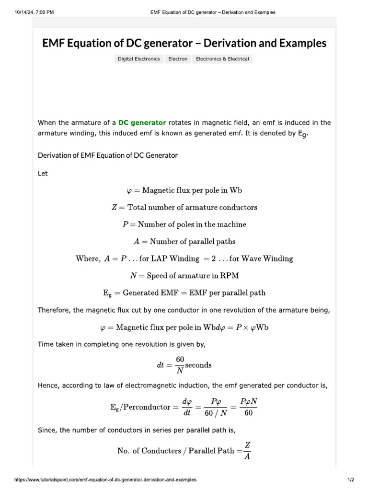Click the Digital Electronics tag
coord(139,59)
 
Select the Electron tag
coord(178,59)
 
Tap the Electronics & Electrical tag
coord(222,59)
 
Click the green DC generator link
coord(142,123)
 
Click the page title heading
coord(184,43)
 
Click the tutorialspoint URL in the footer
coord(105,479)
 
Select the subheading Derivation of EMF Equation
coord(107,155)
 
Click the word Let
coord(43,174)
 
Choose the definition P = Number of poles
coord(184,224)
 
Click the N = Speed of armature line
coord(184,275)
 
